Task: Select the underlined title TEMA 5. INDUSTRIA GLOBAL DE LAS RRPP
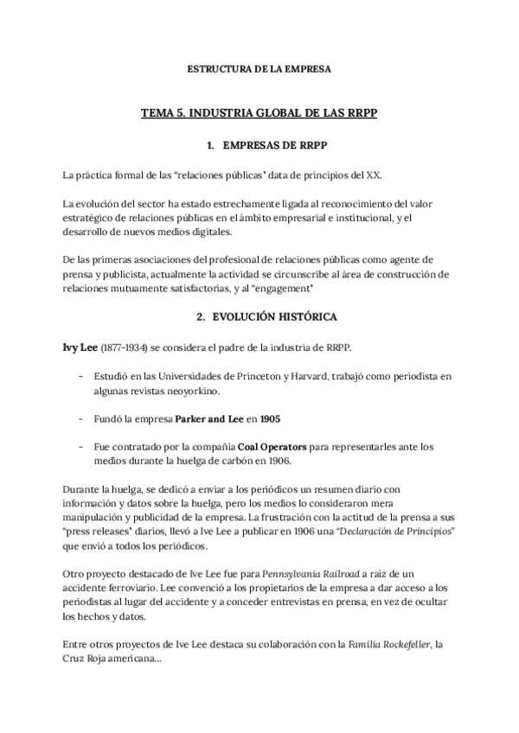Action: (x=259, y=112)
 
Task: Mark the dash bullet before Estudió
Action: (x=82, y=377)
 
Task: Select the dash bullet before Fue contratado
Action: (x=82, y=446)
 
